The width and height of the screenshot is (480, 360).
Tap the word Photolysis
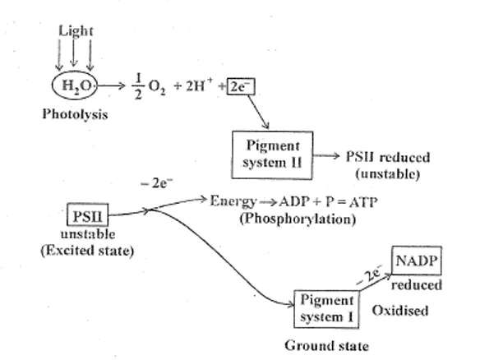point(76,114)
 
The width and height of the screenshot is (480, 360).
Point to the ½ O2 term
point(146,86)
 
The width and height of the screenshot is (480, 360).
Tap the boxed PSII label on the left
point(85,216)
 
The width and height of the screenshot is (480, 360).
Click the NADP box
point(415,261)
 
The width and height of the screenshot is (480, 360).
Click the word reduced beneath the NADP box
point(417,284)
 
